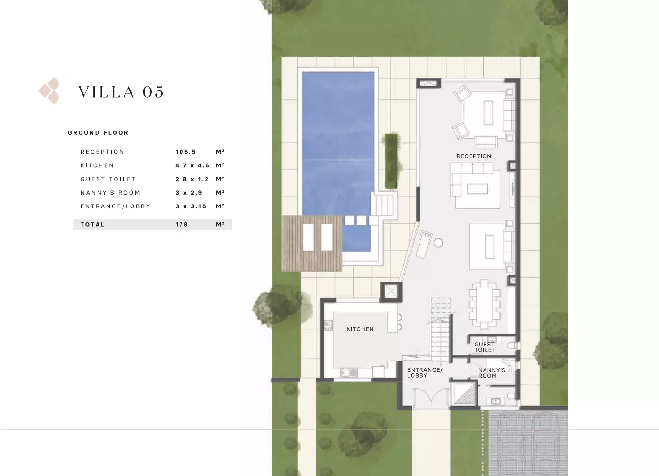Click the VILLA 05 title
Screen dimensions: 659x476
point(121,92)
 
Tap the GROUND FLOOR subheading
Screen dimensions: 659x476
point(98,133)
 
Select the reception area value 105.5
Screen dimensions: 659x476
point(185,152)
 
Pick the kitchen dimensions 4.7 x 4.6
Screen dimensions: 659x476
point(192,165)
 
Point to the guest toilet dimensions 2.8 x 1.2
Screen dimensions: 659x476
point(192,179)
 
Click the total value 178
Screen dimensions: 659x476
point(181,224)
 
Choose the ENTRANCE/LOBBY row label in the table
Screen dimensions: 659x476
point(115,206)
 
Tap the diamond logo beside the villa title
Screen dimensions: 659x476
point(49,90)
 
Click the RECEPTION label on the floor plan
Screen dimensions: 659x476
point(474,156)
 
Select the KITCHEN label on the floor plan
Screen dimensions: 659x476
point(360,329)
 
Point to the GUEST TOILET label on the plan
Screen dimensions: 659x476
point(485,347)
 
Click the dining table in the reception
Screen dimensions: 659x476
point(484,304)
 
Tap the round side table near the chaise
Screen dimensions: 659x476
point(438,243)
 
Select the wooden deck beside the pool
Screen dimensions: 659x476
point(312,244)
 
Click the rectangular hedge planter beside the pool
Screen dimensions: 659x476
point(391,161)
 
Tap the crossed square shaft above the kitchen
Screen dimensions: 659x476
point(391,292)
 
